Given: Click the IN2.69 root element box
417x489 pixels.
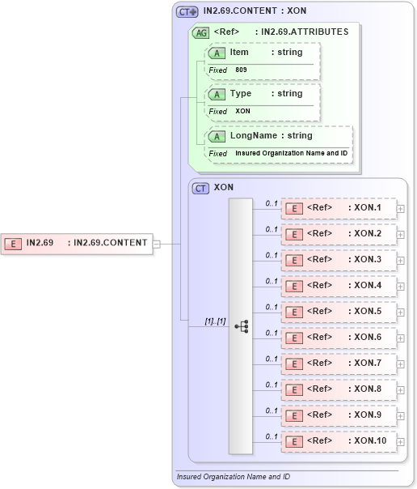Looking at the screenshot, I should [x=77, y=242].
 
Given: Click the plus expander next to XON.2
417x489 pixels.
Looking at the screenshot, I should [x=401, y=234].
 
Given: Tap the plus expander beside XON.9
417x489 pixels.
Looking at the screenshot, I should [x=401, y=415].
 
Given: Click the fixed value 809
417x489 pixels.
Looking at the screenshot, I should [x=242, y=70].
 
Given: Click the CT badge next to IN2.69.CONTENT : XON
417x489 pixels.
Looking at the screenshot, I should [x=187, y=12].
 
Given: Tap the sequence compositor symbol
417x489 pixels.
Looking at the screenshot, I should [x=241, y=325].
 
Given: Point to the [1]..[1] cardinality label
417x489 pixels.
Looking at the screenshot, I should [x=214, y=321].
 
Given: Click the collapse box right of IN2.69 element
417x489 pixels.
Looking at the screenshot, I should [x=157, y=242].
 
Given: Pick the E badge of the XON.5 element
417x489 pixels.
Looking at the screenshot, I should [x=296, y=312].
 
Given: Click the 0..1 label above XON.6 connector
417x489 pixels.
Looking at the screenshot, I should [x=272, y=332].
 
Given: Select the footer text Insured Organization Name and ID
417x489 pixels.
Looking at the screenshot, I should [x=233, y=477].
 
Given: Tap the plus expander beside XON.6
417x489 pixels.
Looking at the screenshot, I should [x=401, y=338].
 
